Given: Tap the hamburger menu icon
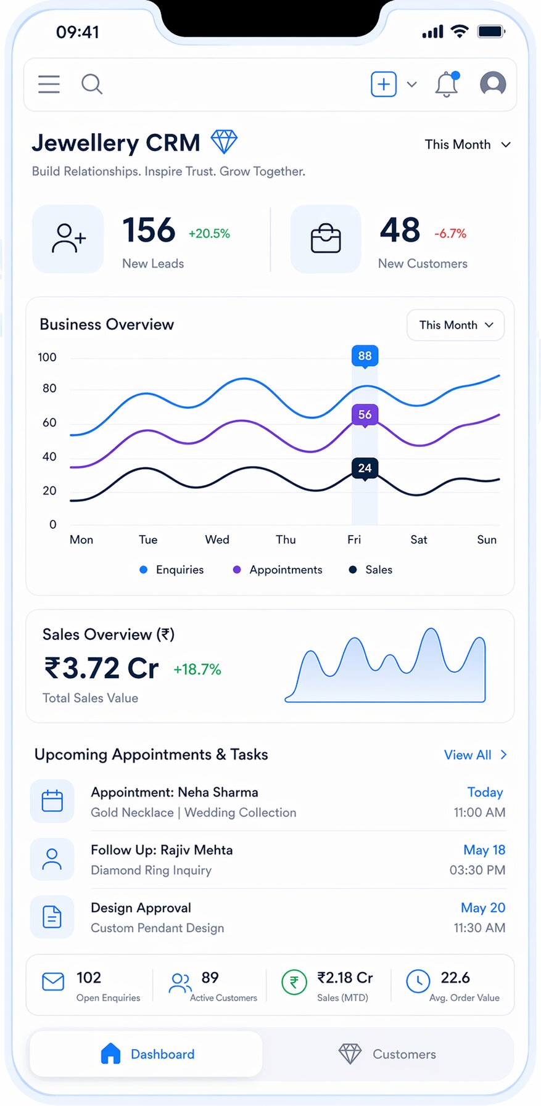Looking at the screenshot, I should pyautogui.click(x=49, y=84).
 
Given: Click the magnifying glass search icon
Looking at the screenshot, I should pyautogui.click(x=92, y=84).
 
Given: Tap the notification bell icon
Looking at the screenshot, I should pyautogui.click(x=447, y=84).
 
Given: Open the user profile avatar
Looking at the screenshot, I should pyautogui.click(x=493, y=83).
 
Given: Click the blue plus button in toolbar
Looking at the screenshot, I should pyautogui.click(x=384, y=84).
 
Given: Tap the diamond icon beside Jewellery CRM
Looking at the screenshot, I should pyautogui.click(x=224, y=142).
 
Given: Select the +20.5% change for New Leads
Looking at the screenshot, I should pyautogui.click(x=209, y=234).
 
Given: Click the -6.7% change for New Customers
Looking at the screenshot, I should pyautogui.click(x=450, y=234).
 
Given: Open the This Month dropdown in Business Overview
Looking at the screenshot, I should pyautogui.click(x=455, y=325).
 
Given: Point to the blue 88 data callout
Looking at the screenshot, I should pyautogui.click(x=365, y=356).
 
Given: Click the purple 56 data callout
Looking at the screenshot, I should pyautogui.click(x=365, y=414).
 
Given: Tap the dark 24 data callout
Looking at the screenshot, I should pyautogui.click(x=365, y=468).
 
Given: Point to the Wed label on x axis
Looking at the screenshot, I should pyautogui.click(x=217, y=539).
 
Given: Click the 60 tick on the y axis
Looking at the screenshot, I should pyautogui.click(x=49, y=422).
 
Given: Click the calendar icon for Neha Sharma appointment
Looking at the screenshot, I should pyautogui.click(x=52, y=801).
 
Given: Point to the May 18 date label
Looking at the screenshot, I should pyautogui.click(x=484, y=850).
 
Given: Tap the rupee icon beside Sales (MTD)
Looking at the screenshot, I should pyautogui.click(x=294, y=982).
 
